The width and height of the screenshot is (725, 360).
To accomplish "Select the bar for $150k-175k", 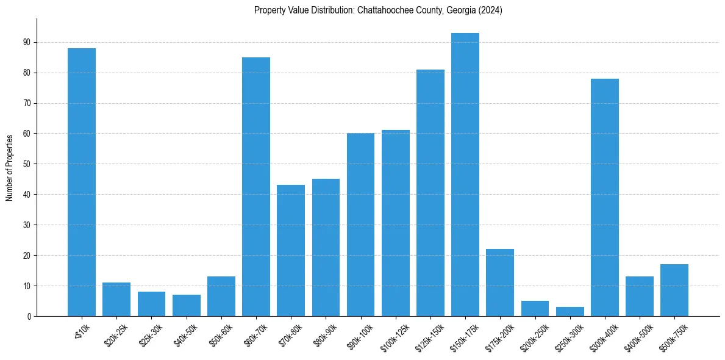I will coord(465,175).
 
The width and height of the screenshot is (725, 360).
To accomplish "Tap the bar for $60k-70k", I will coord(256,187).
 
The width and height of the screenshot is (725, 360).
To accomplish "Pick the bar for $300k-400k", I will coord(605,197).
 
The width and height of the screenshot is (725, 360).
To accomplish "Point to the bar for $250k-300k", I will coord(570,311).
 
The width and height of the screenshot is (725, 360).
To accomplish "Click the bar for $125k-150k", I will coord(430,193).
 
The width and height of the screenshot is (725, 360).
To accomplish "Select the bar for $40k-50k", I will coord(187,305).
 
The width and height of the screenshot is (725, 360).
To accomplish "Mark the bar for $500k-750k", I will coord(674,290).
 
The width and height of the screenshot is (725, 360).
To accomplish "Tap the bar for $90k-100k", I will coord(361,225).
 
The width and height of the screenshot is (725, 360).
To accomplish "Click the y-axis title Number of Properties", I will coord(10,167).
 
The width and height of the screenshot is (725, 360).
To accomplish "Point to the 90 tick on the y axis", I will coord(27,42).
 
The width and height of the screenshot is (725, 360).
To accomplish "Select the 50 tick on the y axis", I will coord(27,164).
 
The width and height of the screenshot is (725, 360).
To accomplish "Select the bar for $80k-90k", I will coord(326,247).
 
